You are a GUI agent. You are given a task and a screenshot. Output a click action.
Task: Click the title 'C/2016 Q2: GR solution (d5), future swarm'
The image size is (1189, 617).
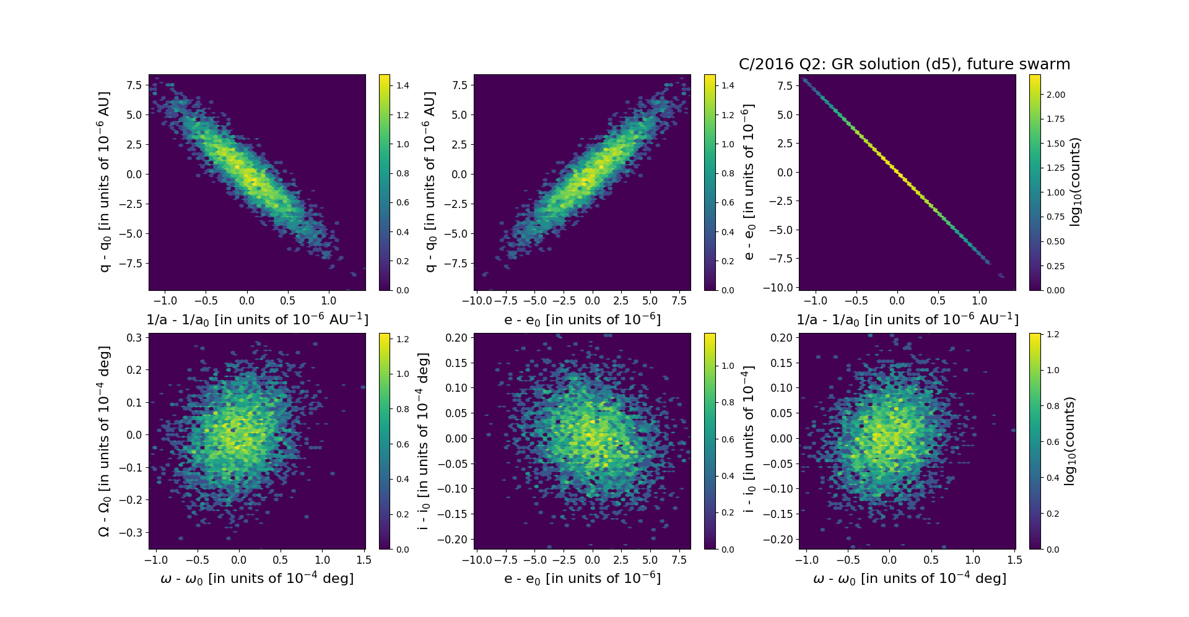click(904, 64)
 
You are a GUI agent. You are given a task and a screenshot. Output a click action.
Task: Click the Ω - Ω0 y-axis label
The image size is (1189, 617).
click(104, 441)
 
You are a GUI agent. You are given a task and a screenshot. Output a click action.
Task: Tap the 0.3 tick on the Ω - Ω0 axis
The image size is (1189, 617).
click(134, 338)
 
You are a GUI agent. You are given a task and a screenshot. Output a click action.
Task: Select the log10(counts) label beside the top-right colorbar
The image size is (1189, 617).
click(1075, 182)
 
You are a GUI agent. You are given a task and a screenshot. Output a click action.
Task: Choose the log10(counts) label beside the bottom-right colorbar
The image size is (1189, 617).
click(1069, 441)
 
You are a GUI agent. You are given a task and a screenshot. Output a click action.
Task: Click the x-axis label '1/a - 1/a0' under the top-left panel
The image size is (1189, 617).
click(257, 319)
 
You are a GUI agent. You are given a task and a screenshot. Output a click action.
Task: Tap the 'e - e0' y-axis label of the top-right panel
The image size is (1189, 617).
click(749, 182)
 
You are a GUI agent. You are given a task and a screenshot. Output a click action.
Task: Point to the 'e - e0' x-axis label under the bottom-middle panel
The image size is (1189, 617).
click(582, 578)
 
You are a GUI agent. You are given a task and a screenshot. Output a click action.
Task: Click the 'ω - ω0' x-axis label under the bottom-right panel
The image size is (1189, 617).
click(909, 578)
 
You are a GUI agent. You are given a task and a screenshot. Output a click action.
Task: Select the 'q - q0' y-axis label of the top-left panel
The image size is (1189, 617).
click(104, 182)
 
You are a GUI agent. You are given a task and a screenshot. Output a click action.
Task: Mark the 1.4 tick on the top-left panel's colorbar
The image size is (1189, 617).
click(403, 85)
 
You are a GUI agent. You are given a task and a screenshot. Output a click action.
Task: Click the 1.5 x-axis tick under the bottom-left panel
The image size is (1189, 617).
click(364, 560)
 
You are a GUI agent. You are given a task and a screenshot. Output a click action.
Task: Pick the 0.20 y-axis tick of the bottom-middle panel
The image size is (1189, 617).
click(456, 337)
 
